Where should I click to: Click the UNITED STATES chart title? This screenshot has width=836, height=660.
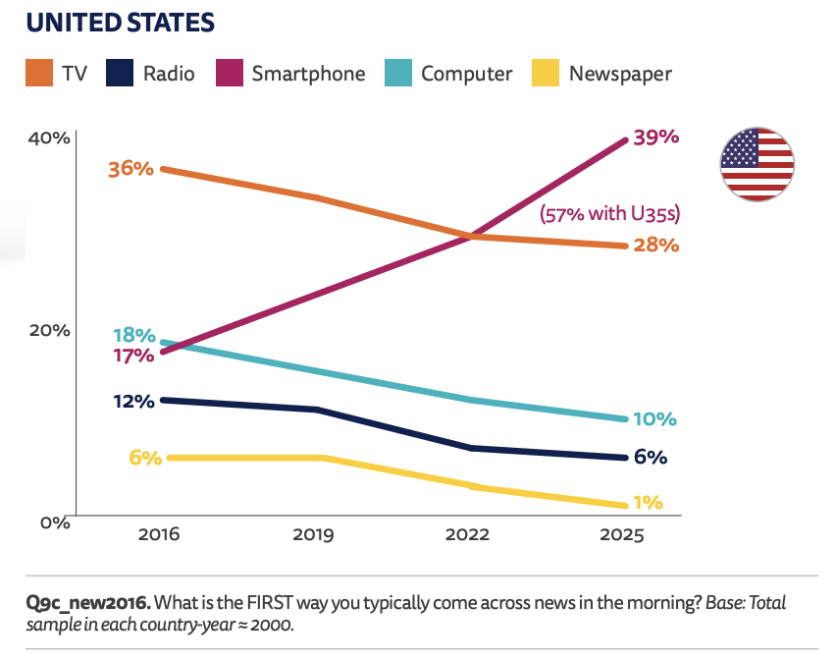[x=121, y=21]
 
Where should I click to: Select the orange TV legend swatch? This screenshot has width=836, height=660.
[x=38, y=74]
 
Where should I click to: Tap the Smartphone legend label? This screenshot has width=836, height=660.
[x=308, y=74]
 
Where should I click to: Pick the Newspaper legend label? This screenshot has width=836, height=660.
[x=620, y=74]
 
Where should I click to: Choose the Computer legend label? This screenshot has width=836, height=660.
[x=467, y=74]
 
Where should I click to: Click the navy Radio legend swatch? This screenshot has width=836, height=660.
[x=119, y=74]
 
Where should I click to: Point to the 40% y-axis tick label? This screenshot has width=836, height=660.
[x=48, y=137]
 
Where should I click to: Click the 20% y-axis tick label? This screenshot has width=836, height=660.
[x=48, y=330]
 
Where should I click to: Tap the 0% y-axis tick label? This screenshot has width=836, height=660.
[x=53, y=522]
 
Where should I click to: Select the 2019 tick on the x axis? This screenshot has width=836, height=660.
[x=313, y=536]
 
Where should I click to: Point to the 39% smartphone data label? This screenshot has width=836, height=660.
[x=656, y=137]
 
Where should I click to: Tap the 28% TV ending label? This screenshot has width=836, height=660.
[x=656, y=245]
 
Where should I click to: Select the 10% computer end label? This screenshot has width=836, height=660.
[x=654, y=419]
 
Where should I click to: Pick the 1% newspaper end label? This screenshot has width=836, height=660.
[x=648, y=503]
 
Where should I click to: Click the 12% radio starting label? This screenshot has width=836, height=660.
[x=132, y=401]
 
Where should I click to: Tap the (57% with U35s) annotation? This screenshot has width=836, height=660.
[x=610, y=213]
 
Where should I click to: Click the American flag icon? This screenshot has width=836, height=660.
[x=758, y=164]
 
